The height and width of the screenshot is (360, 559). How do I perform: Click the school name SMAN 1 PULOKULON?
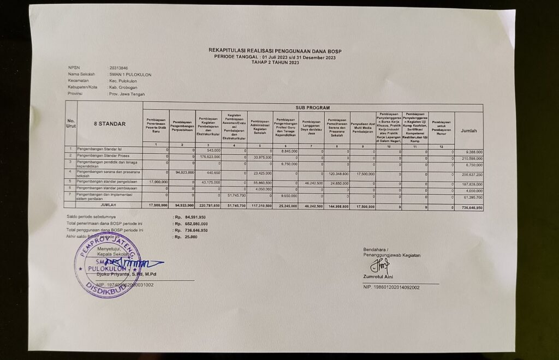coord(130,74)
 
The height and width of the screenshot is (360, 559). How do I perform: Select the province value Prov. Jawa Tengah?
coord(127,94)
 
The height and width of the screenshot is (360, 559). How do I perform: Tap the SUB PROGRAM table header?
coord(313,108)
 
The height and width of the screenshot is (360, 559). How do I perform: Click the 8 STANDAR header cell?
coord(109,124)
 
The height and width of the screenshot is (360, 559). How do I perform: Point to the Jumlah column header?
coord(468,131)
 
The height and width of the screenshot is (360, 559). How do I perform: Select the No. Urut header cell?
coord(71,124)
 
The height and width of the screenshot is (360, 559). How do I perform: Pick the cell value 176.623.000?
coord(209,157)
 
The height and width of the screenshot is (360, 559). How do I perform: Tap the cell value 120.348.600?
coord(337,174)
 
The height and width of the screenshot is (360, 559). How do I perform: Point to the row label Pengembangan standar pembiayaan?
coord(105,189)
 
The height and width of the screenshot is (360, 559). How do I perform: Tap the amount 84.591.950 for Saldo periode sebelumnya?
coord(195,217)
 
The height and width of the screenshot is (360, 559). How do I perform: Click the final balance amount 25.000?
coord(191,237)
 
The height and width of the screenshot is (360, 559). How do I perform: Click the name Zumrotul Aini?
coord(378,278)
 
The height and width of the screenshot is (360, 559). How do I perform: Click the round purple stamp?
coord(107,265)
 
